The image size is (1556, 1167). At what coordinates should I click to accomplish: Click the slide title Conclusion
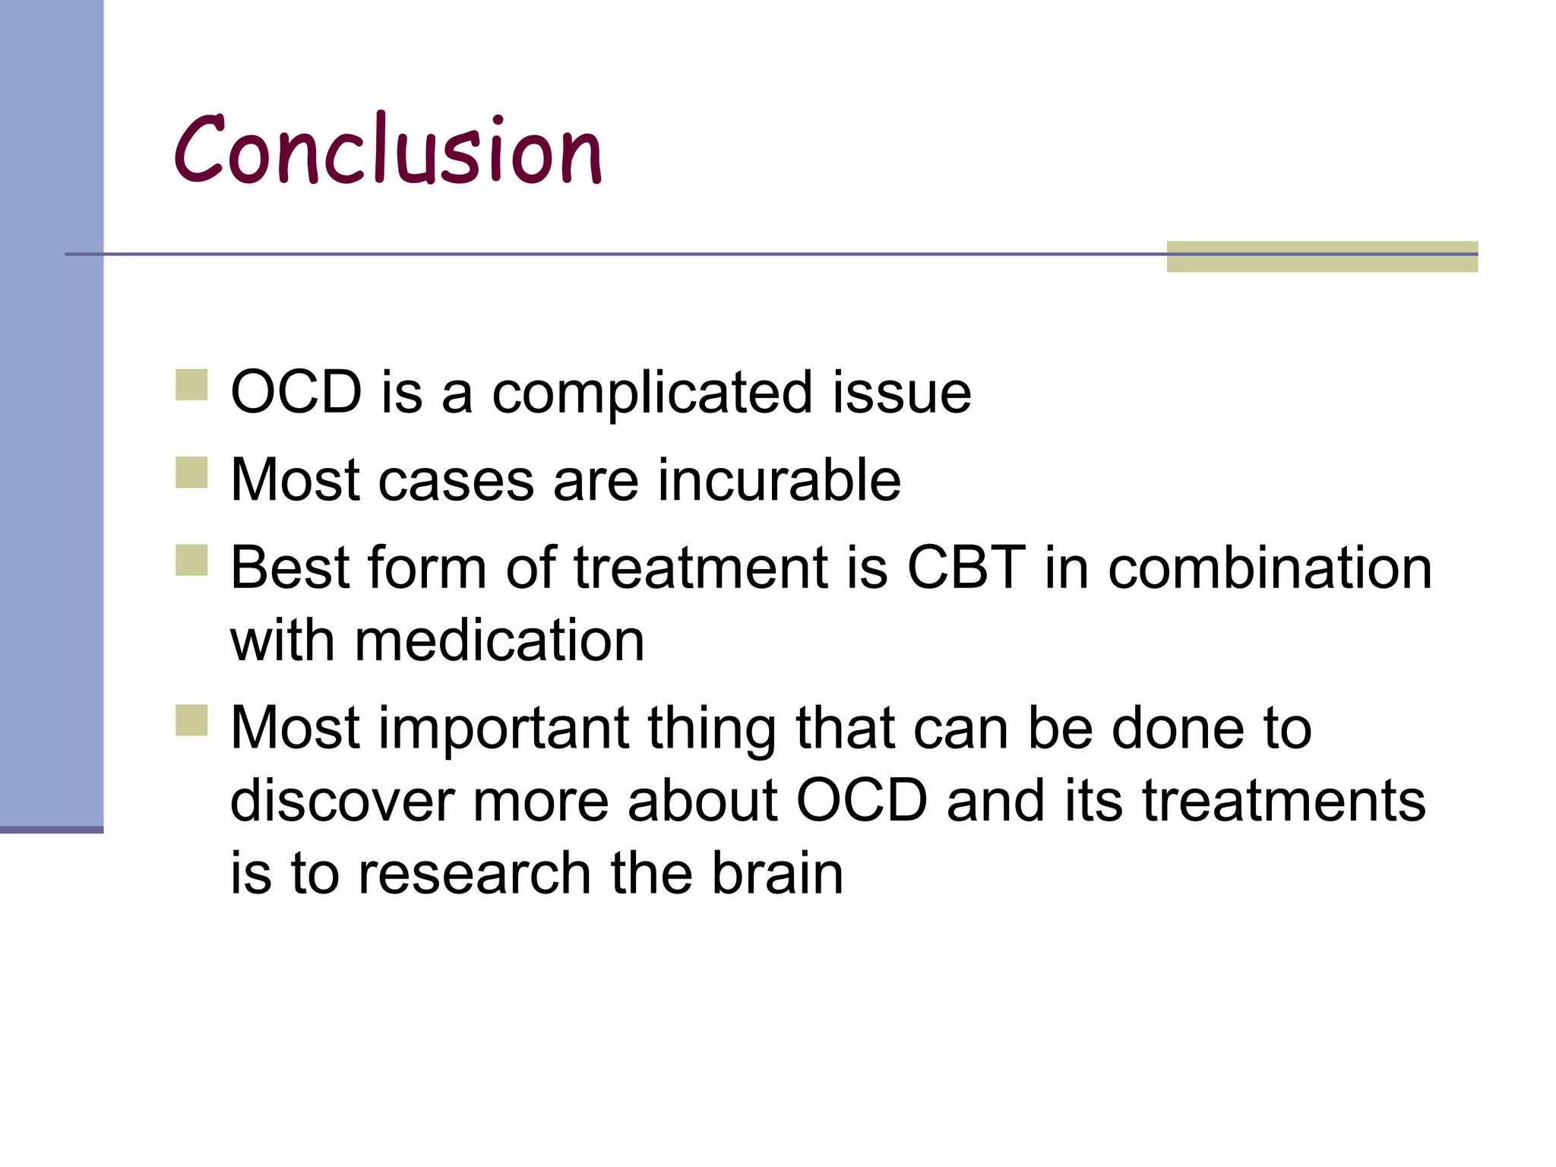click(387, 150)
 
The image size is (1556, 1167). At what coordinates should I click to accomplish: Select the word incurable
click(779, 481)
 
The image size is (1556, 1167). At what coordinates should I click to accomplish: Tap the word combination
click(1270, 568)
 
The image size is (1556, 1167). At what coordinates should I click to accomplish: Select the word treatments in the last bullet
click(1284, 801)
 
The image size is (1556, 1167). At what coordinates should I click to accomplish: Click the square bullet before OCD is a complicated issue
click(191, 384)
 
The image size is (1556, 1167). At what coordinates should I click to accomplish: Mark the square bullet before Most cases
click(191, 472)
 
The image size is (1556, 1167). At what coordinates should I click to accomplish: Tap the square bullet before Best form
click(191, 559)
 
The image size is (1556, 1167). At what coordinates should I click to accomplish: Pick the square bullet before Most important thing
click(191, 720)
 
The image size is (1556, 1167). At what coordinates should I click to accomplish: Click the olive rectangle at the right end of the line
click(1322, 257)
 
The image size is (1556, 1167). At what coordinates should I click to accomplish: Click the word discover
click(343, 801)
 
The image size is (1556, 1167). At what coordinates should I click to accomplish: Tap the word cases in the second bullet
click(456, 481)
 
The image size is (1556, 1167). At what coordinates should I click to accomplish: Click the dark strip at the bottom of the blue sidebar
click(52, 830)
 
